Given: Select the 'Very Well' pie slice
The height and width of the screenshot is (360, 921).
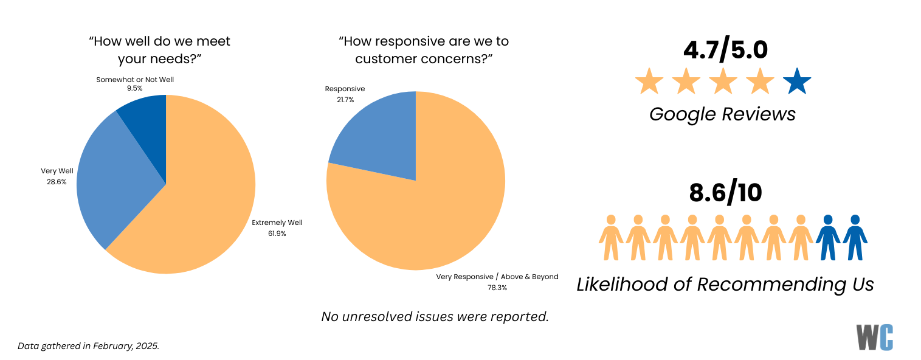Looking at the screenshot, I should coord(112,182).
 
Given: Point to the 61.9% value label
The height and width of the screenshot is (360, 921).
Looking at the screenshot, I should coord(277,234).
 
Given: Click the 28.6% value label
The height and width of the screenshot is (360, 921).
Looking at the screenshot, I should coord(57,182).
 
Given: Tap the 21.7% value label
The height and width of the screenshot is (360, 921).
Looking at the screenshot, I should coord(345,100).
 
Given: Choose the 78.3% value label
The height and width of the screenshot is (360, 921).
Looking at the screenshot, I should coord(497,288).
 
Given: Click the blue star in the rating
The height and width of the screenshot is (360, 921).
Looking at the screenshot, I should coord(797,82).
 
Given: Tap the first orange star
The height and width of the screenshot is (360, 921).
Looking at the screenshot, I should coord(649,82).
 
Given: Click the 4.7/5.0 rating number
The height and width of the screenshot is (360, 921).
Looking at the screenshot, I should coord(725,50).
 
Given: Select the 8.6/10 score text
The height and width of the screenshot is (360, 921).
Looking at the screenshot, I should coord(725,192).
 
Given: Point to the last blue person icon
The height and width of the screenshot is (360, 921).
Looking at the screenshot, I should coord(855,238).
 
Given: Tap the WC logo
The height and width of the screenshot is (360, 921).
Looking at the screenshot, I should coord(875,337).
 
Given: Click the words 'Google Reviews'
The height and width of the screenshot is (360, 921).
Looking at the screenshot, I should coord(722,114).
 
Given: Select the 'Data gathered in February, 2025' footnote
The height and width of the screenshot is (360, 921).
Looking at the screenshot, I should coord(88,346).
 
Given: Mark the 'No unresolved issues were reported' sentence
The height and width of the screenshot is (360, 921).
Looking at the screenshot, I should coord(435,316).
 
